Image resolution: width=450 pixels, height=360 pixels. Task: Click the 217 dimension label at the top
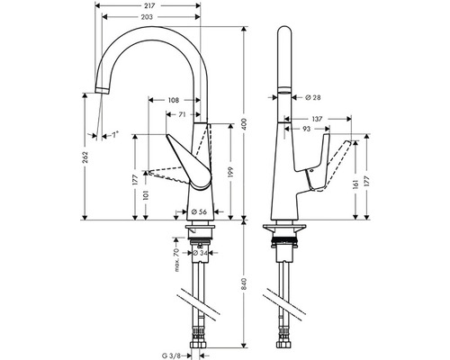[148, 5]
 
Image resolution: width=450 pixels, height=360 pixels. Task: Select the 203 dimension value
[147, 17]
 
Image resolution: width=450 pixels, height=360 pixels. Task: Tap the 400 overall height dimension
[244, 123]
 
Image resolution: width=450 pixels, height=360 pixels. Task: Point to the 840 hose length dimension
[244, 283]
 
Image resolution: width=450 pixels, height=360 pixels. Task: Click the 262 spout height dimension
[85, 157]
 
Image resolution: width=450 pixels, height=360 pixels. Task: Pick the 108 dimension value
[174, 100]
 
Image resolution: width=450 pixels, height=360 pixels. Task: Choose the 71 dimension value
[183, 114]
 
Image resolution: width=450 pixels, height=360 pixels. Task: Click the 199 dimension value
[230, 172]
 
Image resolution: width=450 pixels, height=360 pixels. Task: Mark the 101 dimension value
[146, 195]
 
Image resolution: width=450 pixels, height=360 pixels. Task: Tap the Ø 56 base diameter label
[199, 211]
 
